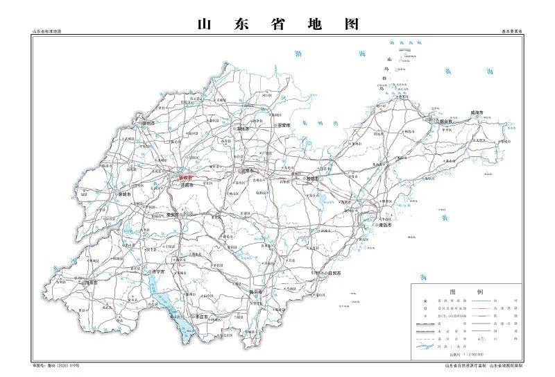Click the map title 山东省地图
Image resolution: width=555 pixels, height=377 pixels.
[x=277, y=23]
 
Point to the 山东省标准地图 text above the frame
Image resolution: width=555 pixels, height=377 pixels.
[x=47, y=33]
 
